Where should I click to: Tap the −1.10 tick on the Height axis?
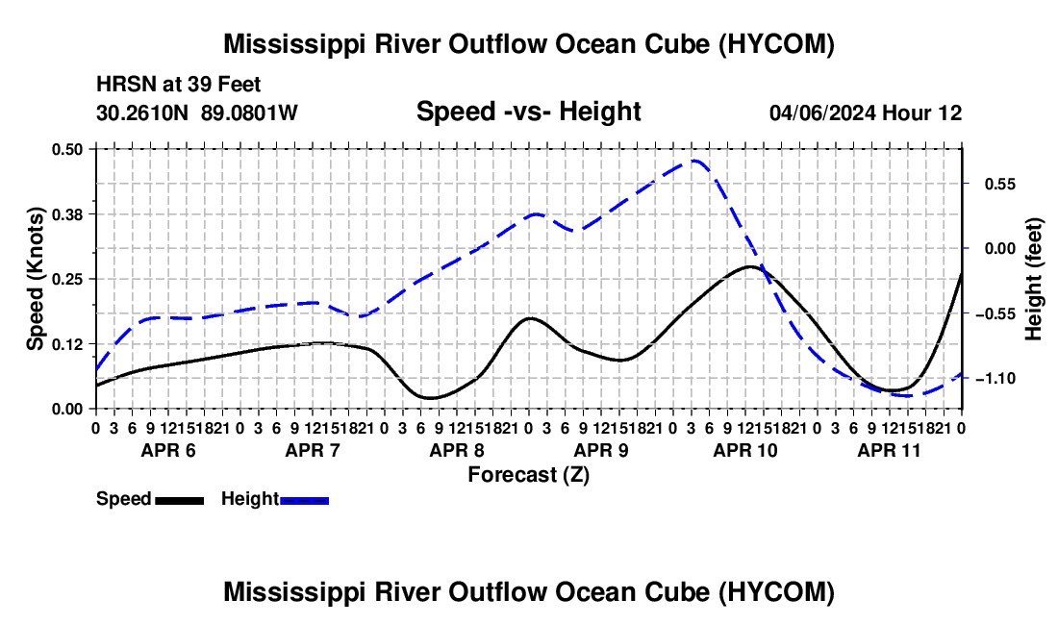(995, 379)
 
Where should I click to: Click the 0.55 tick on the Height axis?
(1000, 184)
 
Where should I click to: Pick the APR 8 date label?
(457, 450)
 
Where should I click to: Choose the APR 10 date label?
(745, 450)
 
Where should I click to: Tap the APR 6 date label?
(168, 450)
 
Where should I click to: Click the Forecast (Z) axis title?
(529, 475)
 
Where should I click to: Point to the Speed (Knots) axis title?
(35, 279)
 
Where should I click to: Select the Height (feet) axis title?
(1033, 279)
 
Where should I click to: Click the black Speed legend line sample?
(180, 500)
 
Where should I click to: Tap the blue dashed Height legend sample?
(304, 500)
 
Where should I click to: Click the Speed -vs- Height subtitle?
(529, 112)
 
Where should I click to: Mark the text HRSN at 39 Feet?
(178, 85)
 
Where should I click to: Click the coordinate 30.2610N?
(142, 112)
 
